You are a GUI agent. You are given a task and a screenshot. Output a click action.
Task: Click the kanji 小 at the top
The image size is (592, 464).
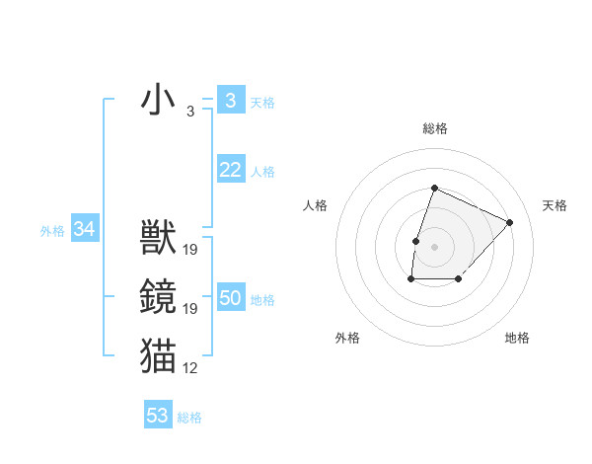pyautogui.click(x=158, y=101)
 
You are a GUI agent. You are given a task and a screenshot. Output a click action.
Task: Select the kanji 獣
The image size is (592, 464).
pyautogui.click(x=158, y=238)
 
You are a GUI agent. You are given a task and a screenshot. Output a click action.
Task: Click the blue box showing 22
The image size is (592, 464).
pyautogui.click(x=230, y=171)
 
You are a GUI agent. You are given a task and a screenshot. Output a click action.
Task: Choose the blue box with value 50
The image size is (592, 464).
pyautogui.click(x=230, y=299)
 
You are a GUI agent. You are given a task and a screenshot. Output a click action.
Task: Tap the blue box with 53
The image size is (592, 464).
pyautogui.click(x=158, y=416)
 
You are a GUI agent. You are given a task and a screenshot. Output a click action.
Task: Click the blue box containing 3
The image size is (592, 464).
pyautogui.click(x=230, y=101)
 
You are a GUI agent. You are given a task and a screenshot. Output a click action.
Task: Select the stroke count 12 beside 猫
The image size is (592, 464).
pyautogui.click(x=190, y=368)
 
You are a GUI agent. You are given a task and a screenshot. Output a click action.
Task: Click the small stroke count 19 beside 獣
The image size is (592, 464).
pyautogui.click(x=190, y=250)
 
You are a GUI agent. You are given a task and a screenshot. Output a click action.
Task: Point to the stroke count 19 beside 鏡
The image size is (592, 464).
pyautogui.click(x=190, y=309)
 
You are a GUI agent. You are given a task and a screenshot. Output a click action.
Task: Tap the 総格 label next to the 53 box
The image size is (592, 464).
pyautogui.click(x=189, y=418)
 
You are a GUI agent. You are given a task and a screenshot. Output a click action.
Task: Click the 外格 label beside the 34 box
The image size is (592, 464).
pyautogui.click(x=52, y=231)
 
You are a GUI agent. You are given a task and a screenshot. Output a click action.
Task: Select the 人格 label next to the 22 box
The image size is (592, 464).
pyautogui.click(x=262, y=172)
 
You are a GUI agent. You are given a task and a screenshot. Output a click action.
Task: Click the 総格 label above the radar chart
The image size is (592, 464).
pyautogui.click(x=435, y=128)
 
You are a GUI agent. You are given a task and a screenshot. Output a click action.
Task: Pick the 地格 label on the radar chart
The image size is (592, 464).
pyautogui.click(x=517, y=338)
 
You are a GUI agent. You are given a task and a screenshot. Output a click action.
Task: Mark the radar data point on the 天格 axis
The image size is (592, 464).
pyautogui.click(x=509, y=222)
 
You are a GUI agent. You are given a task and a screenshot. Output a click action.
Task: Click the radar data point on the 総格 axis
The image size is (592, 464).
pyautogui.click(x=434, y=189)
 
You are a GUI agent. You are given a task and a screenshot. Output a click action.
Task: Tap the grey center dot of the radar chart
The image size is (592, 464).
pyautogui.click(x=434, y=246)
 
